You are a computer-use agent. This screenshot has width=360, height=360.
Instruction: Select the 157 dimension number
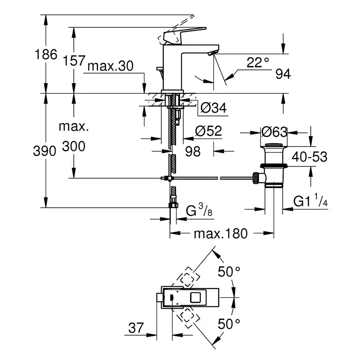pos(74,61)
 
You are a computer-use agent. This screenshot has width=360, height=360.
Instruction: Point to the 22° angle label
pos(258,62)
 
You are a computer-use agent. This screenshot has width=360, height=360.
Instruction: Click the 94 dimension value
pos(282,74)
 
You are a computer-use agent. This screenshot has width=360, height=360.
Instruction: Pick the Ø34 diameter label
pos(213,108)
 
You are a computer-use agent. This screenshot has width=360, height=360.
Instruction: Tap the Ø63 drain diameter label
pos(274,132)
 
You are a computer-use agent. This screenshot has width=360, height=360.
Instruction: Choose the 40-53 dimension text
pos(309,157)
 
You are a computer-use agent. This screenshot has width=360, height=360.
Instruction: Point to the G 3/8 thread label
pos(199,210)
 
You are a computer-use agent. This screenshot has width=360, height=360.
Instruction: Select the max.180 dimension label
pos(221,233)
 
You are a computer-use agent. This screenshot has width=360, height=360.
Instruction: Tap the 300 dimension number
pos(74,147)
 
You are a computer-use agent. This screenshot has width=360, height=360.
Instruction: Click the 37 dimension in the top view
pos(136,328)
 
